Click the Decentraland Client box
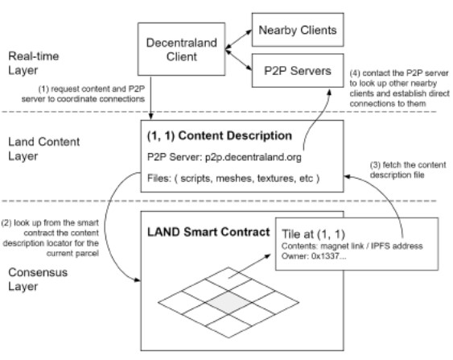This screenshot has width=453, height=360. (x=181, y=49)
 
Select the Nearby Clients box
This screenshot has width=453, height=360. (x=298, y=30)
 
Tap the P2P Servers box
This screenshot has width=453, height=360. (x=298, y=71)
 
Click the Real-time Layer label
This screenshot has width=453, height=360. (x=34, y=63)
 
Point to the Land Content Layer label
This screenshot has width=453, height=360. (x=44, y=149)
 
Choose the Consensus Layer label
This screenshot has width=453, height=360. (x=38, y=279)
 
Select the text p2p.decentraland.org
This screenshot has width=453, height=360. (x=253, y=157)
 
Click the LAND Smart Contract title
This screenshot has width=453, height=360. (x=208, y=232)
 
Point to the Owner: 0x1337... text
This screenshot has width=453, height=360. (x=314, y=256)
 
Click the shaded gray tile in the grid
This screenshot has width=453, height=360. (x=229, y=303)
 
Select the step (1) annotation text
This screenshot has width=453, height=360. (x=83, y=94)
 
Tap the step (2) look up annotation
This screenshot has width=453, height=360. (x=51, y=238)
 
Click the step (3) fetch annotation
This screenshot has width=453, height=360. (x=408, y=170)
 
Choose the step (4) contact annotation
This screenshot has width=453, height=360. (x=399, y=89)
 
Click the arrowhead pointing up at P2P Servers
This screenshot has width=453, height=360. (x=329, y=92)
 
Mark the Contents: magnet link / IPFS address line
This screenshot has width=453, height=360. (x=352, y=246)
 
